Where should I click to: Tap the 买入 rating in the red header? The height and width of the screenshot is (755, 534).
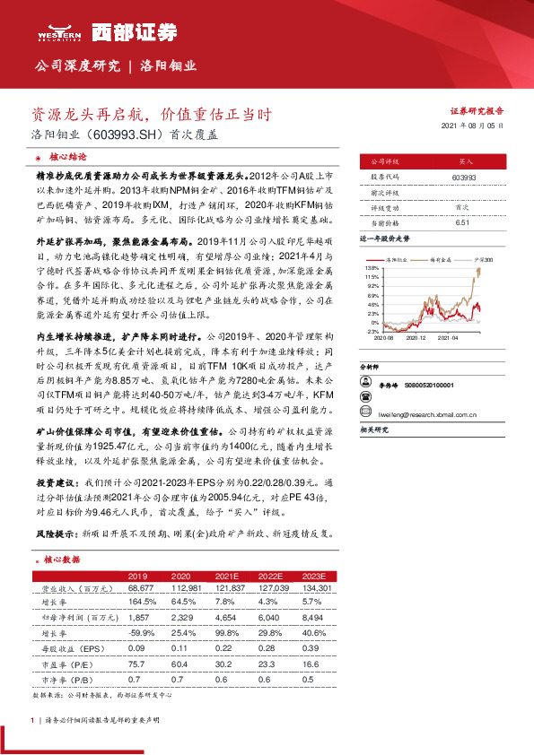tap(466, 161)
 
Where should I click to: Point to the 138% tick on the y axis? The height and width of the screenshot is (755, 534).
tap(372, 267)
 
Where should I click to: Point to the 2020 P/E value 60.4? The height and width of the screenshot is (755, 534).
tap(180, 664)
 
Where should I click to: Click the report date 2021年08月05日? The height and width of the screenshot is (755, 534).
tap(474, 126)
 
